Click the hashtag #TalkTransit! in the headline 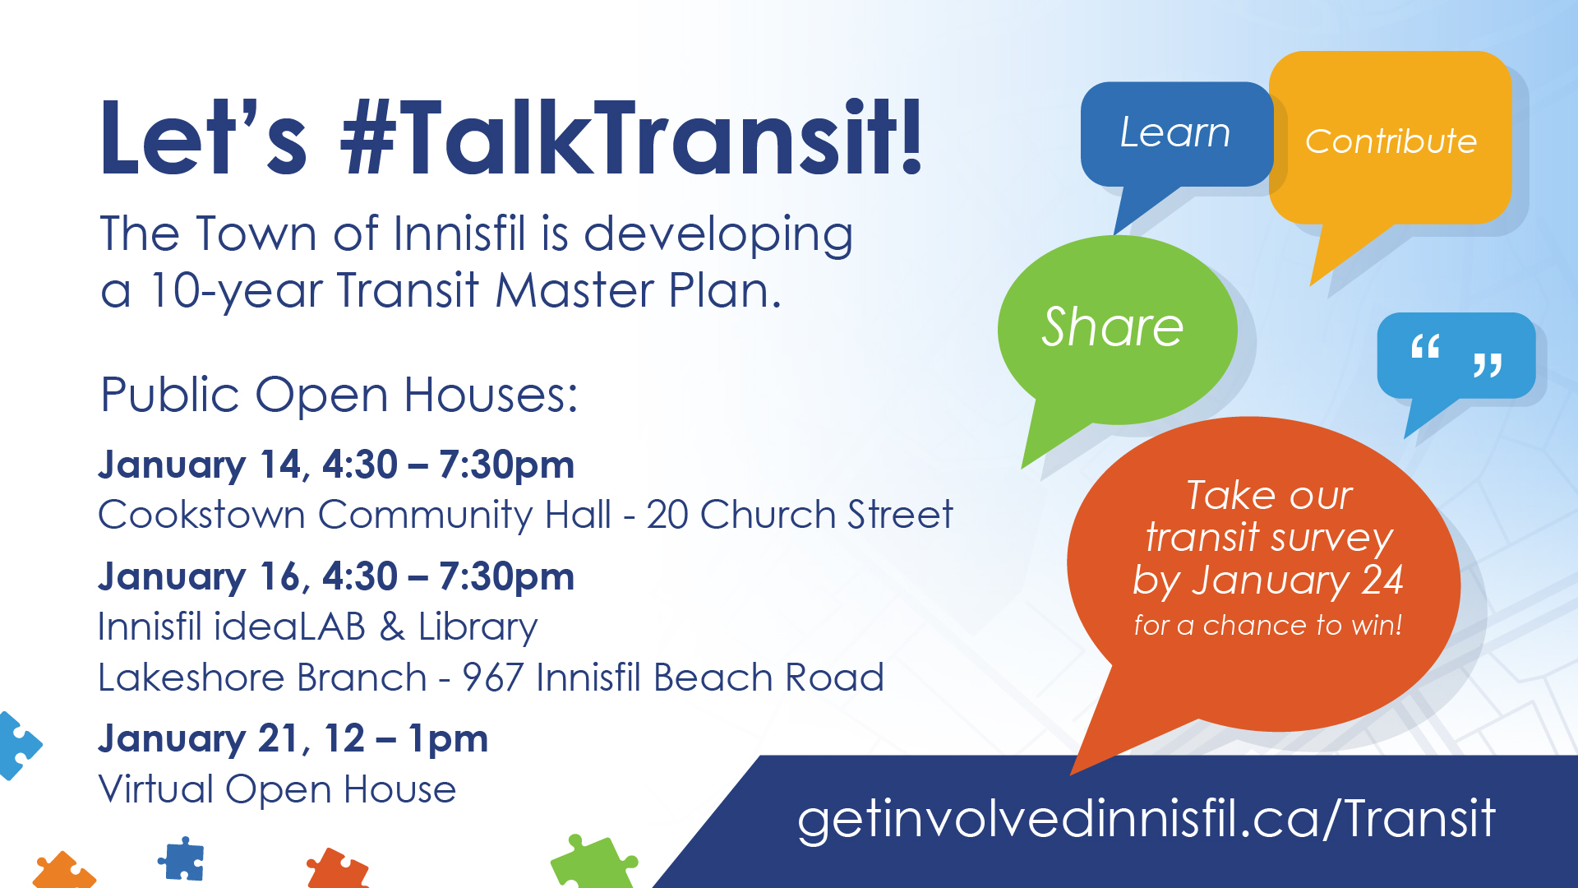[x=632, y=137]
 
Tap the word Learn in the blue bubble [x=1175, y=132]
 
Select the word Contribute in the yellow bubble [x=1391, y=141]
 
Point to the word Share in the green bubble [x=1113, y=326]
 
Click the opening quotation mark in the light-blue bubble [x=1425, y=346]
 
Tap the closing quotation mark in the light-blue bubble [x=1488, y=364]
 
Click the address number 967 [x=491, y=678]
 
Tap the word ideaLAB [x=288, y=627]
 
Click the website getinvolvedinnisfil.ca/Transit [x=1147, y=819]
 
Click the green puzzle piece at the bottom [x=593, y=863]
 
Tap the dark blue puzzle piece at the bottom [x=182, y=859]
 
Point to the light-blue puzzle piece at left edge [x=17, y=745]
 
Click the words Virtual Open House [x=277, y=789]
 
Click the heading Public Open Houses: [x=339, y=395]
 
